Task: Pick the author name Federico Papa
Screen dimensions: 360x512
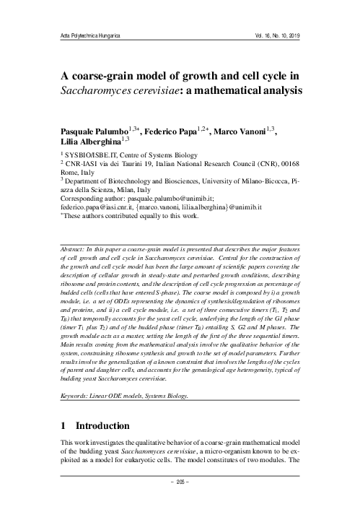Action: (185, 133)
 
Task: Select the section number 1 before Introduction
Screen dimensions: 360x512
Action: (63, 426)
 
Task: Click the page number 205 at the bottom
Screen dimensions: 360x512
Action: (180, 500)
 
